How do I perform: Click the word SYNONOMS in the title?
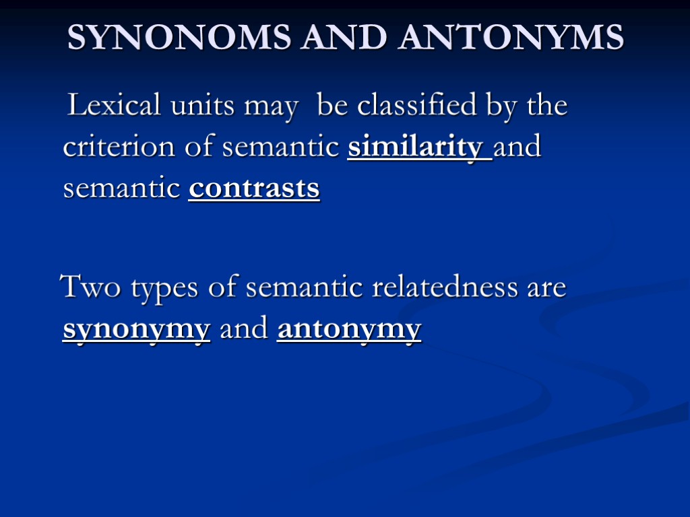[x=180, y=38]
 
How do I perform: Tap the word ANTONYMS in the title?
[x=511, y=38]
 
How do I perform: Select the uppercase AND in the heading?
[x=346, y=38]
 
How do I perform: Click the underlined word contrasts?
[x=254, y=189]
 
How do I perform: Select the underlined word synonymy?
[x=136, y=331]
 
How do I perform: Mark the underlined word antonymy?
[x=349, y=331]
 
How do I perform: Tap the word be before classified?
[x=332, y=106]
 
